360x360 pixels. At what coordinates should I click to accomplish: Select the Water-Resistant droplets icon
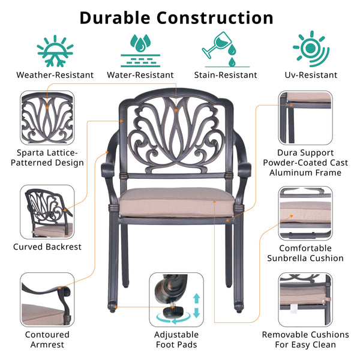click(140, 49)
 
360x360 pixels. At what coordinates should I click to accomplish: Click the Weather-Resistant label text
click(55, 75)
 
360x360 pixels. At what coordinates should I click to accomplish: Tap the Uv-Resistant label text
click(311, 75)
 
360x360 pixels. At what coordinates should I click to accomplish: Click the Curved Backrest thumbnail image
click(48, 211)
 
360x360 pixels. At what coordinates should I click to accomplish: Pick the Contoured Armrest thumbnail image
click(48, 298)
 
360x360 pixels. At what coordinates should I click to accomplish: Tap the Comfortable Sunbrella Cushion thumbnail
click(305, 211)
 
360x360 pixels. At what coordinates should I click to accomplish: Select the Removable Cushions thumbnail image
click(305, 298)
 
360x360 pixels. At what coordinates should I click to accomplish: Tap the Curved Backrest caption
click(48, 246)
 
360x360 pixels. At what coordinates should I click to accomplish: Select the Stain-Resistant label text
click(225, 75)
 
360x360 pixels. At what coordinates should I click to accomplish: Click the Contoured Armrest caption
click(47, 340)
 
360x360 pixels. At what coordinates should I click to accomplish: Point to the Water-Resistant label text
click(140, 75)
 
